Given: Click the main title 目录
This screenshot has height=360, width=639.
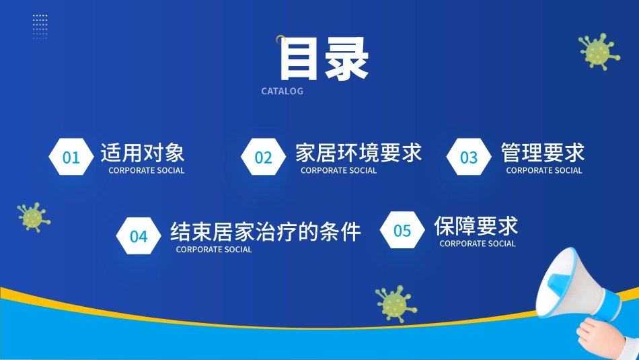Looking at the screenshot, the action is (x=324, y=59).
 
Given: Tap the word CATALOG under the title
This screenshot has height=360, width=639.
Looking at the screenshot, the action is (x=282, y=92).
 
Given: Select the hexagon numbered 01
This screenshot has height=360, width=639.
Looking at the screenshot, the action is (x=71, y=157).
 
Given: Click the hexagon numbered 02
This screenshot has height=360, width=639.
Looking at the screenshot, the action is (x=263, y=157).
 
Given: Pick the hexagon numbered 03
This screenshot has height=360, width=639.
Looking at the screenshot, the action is (x=469, y=157).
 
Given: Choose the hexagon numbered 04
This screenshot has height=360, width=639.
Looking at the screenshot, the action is (x=139, y=236).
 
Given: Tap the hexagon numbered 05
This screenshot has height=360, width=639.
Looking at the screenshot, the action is (x=402, y=230).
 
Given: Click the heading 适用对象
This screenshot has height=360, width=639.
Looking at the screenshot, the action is (x=143, y=153).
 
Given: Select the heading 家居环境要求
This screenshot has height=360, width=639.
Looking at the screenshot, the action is (x=359, y=153).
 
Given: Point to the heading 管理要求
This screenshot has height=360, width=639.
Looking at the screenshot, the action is (x=542, y=153).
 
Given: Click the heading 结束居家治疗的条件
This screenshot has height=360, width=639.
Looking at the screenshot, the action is (x=265, y=232).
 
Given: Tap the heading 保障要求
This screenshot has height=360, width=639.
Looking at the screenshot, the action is (x=476, y=226).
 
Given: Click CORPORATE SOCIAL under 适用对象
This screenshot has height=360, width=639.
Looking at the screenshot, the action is (x=147, y=170).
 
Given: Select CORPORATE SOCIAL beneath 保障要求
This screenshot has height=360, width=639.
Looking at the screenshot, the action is (x=478, y=244).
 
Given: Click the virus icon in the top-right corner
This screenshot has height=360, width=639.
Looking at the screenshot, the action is (x=599, y=51).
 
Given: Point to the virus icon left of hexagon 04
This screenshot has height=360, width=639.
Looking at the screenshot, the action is (x=34, y=217).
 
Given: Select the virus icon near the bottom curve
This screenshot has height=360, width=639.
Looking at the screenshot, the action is (x=396, y=303).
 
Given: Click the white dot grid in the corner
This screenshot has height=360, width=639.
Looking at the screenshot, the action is (x=40, y=27).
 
